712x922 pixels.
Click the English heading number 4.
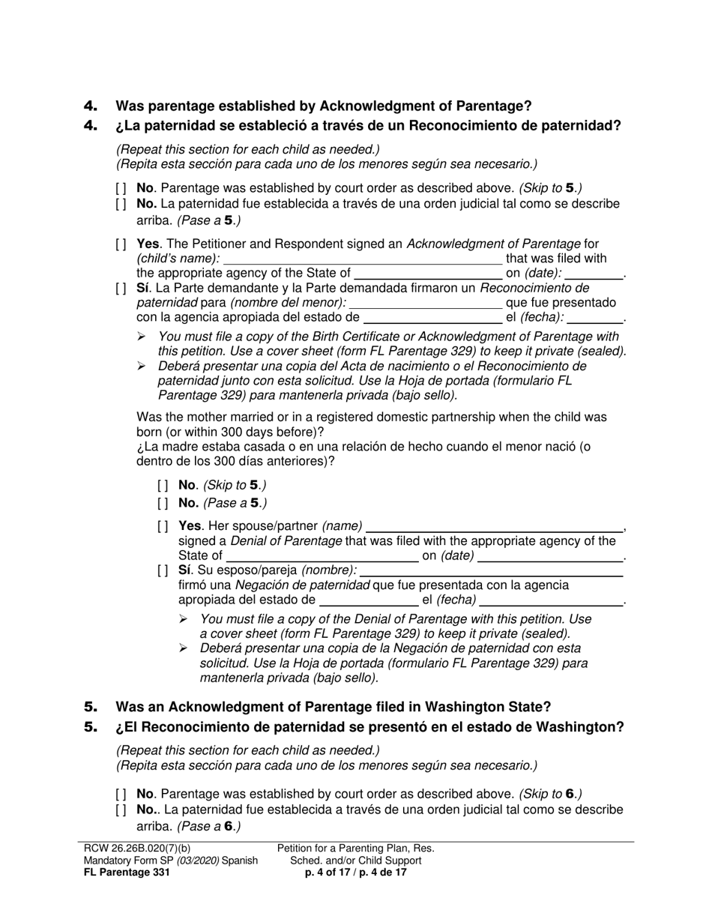pyautogui.click(x=91, y=106)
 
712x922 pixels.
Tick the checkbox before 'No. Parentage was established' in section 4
pyautogui.click(x=121, y=189)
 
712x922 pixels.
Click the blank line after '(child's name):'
pyautogui.click(x=363, y=259)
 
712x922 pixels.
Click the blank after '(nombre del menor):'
pyautogui.click(x=425, y=303)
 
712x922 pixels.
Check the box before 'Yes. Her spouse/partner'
pyautogui.click(x=163, y=526)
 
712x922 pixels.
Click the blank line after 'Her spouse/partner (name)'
pyautogui.click(x=495, y=526)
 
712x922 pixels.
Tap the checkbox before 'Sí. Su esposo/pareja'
pyautogui.click(x=163, y=570)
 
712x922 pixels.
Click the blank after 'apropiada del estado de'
pyautogui.click(x=369, y=600)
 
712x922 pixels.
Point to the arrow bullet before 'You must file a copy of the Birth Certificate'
pyautogui.click(x=142, y=337)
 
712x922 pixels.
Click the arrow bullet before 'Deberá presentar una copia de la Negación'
pyautogui.click(x=184, y=648)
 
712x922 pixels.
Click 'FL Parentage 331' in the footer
pyautogui.click(x=127, y=873)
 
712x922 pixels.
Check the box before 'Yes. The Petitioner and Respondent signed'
pyautogui.click(x=121, y=244)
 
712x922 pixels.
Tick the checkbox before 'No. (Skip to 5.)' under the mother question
pyautogui.click(x=163, y=486)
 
